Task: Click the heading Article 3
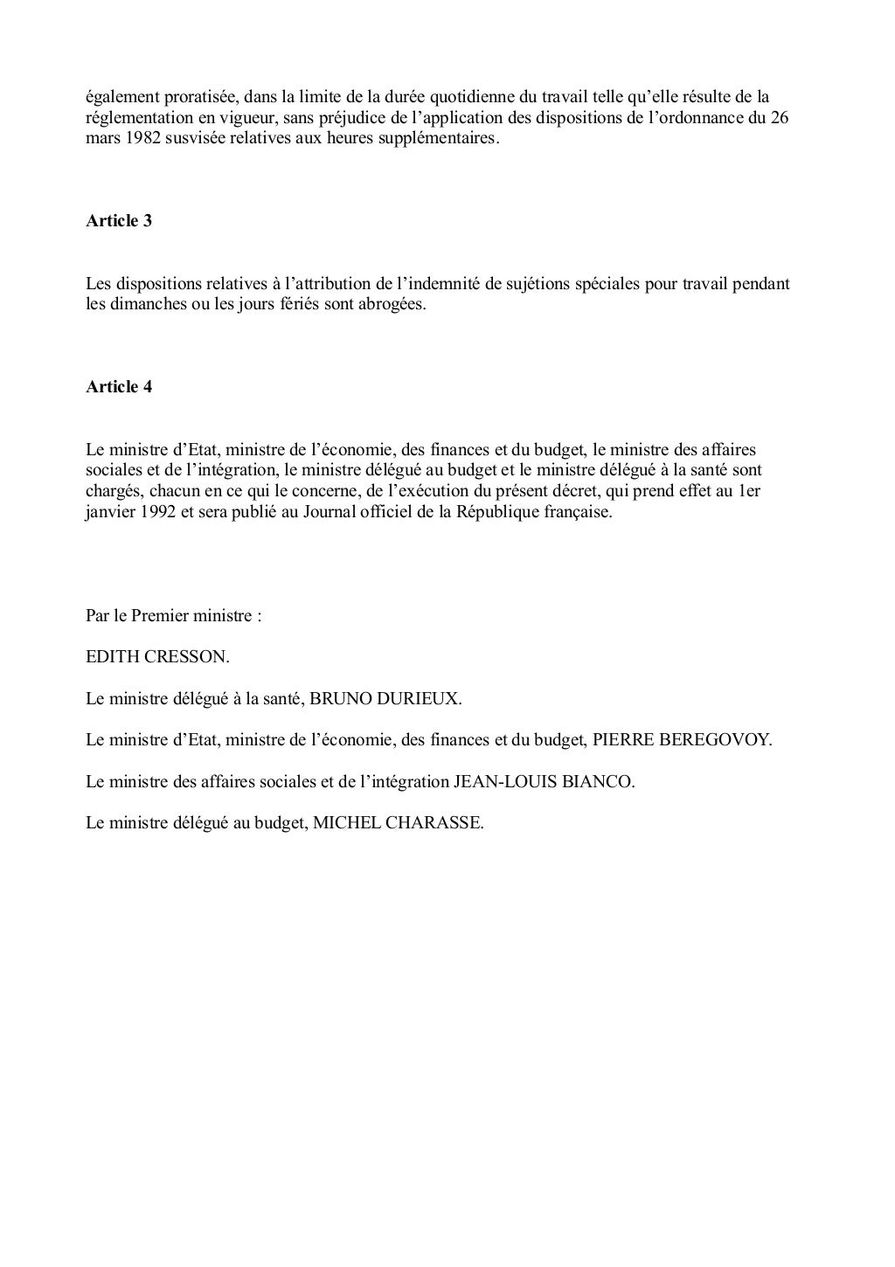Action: (x=119, y=221)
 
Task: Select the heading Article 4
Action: (x=119, y=387)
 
